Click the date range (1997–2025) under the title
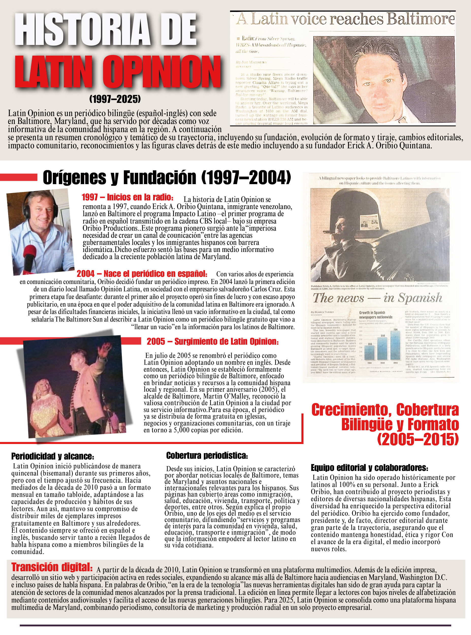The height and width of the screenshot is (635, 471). pos(115,99)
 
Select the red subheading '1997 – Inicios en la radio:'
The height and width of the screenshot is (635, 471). pos(127,197)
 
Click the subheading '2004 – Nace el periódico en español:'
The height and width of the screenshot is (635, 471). pos(142,274)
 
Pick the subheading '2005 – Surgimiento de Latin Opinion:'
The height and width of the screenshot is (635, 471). pos(213,341)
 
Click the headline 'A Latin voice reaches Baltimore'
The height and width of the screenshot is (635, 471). pos(345,19)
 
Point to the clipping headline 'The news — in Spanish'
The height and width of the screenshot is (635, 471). pos(378,298)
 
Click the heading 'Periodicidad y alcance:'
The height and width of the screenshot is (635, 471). pos(53,456)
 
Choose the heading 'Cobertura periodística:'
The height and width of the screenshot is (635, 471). pos(207,456)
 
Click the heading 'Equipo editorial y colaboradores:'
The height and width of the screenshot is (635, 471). pos(369,468)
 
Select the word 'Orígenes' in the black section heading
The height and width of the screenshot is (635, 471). pos(75,178)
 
